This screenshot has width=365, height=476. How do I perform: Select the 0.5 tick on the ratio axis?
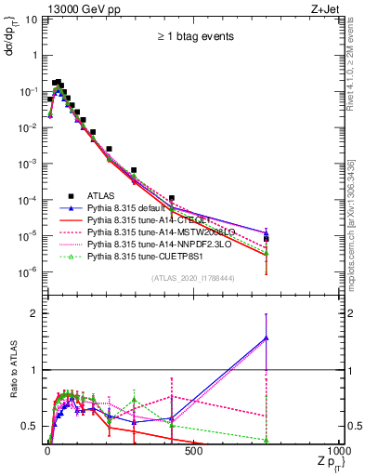[x=30, y=427]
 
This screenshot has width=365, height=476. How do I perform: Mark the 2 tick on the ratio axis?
[x=33, y=313]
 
